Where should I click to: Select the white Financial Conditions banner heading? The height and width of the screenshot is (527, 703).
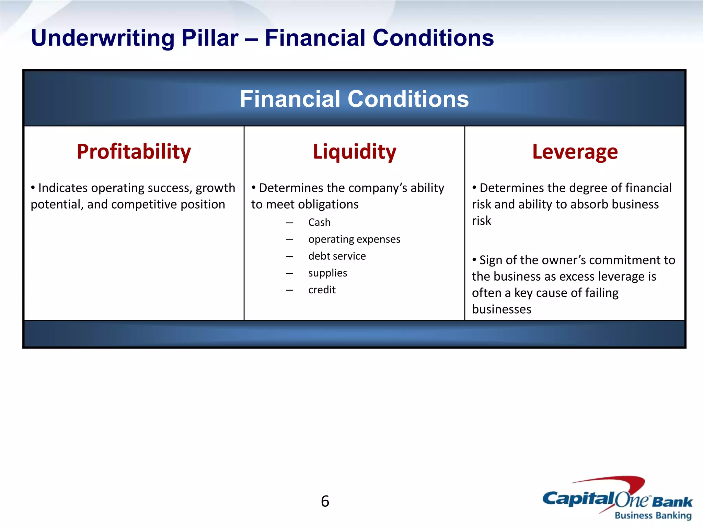354,99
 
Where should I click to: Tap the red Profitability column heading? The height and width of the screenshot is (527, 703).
134,152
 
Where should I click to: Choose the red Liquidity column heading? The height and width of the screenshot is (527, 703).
354,152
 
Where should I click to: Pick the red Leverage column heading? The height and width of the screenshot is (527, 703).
575,152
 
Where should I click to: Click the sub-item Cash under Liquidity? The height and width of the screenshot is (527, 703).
319,222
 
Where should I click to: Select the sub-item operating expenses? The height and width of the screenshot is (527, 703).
354,239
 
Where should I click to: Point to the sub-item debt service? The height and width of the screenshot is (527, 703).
337,256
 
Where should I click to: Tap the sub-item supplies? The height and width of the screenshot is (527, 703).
327,273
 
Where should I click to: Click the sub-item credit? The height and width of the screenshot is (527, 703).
322,290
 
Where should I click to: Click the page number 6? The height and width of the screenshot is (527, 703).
325,501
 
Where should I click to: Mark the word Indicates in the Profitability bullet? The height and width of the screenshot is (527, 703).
63,188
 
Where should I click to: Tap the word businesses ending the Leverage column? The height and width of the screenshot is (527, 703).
502,309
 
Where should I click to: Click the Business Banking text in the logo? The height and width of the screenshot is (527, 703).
653,515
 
